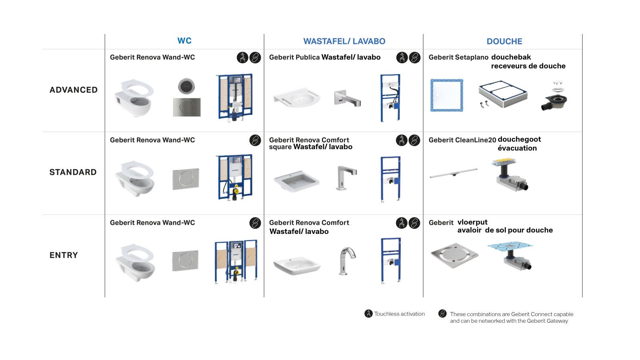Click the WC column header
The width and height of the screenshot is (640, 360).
[x=184, y=41]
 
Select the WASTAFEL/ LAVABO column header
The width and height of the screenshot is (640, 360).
[x=344, y=41]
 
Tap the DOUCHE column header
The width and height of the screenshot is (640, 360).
[x=504, y=41]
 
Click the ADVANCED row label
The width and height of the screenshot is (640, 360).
[x=74, y=90]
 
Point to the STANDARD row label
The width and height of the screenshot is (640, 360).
[x=73, y=172]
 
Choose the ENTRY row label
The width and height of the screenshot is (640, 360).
[x=64, y=255]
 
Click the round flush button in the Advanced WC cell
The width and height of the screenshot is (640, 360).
[x=186, y=86]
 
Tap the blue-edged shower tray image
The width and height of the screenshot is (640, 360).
[x=446, y=95]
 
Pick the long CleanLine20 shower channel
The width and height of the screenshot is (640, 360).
[x=454, y=173]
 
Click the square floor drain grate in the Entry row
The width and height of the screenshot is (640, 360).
[x=454, y=255]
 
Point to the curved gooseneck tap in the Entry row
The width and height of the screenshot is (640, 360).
[x=347, y=260]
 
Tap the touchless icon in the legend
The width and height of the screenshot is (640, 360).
[x=368, y=314]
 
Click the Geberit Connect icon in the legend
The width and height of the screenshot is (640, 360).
[x=442, y=314]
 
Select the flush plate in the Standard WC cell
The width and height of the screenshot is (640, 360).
[x=186, y=178]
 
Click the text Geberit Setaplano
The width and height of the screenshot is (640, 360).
[x=458, y=57]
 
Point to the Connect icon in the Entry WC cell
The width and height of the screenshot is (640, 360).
[x=255, y=223]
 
